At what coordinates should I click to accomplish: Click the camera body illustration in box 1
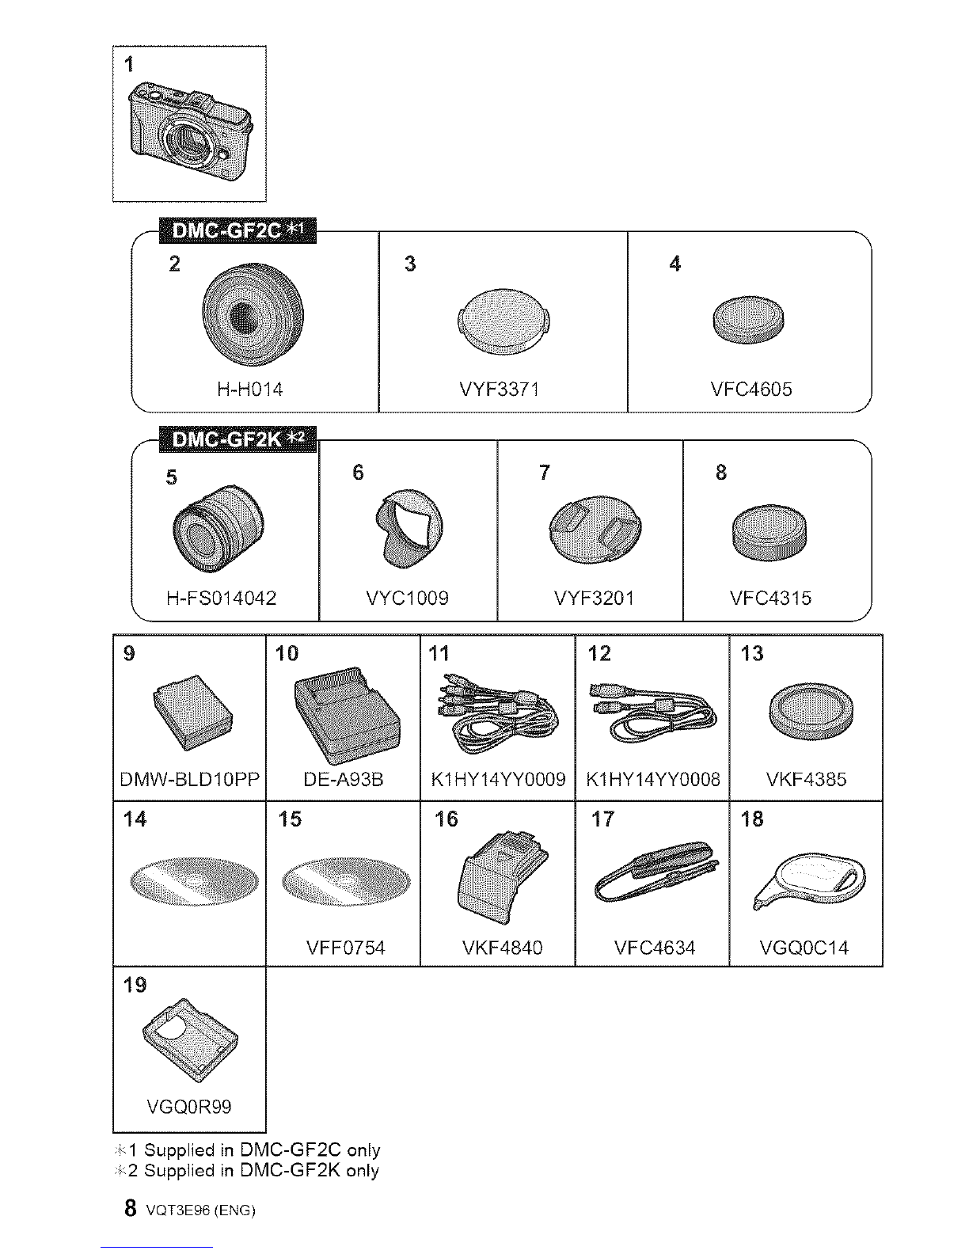191,131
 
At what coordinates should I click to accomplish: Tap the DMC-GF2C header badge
237,230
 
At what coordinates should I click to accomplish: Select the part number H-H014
250,389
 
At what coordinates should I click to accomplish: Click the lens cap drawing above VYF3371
503,321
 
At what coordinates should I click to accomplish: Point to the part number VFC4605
750,389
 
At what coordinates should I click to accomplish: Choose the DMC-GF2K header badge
237,439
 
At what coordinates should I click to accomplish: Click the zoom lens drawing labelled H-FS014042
218,529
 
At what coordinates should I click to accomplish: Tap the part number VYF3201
594,598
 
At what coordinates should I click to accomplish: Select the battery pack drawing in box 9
192,712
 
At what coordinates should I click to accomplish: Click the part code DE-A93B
344,780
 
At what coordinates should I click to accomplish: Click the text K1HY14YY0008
653,780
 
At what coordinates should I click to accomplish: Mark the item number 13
752,653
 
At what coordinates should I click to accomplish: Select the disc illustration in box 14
195,882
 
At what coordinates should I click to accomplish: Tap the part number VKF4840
502,948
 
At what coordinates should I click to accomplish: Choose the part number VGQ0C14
804,948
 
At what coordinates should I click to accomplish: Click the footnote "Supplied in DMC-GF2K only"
261,1171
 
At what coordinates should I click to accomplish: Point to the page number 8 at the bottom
131,1207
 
